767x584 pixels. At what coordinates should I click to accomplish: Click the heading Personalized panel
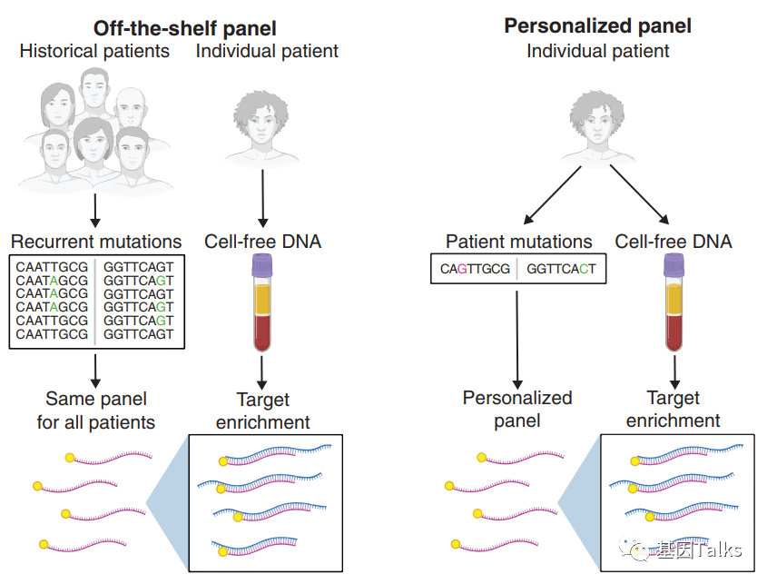click(597, 25)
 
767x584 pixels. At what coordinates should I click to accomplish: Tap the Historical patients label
click(94, 51)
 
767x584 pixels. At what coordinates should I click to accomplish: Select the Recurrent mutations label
click(96, 242)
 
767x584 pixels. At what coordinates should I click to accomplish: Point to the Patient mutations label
click(518, 242)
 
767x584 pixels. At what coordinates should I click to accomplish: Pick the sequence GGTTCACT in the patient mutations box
click(561, 269)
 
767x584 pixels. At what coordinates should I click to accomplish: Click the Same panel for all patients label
click(96, 411)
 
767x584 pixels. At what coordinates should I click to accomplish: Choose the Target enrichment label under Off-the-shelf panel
click(262, 411)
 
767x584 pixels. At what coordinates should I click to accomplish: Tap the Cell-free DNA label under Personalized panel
click(674, 242)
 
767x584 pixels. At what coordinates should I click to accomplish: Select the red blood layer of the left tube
click(262, 332)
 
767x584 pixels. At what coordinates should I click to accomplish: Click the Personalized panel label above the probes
click(517, 409)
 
